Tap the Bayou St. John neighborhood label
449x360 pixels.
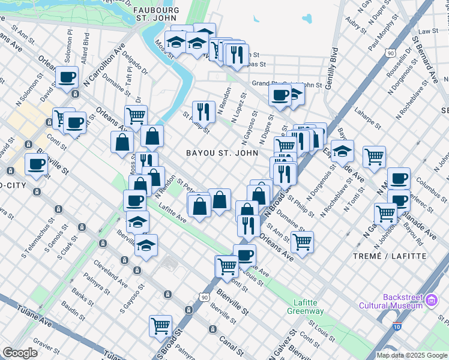coord(222,153)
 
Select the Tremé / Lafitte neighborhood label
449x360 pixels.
coord(399,256)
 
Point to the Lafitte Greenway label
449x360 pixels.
coord(309,307)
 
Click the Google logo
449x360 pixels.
coord(20,352)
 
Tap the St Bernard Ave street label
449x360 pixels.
coord(426,59)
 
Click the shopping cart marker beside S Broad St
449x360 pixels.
coord(160,326)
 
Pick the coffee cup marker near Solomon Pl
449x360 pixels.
coord(67,77)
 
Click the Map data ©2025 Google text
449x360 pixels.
coord(411,355)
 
